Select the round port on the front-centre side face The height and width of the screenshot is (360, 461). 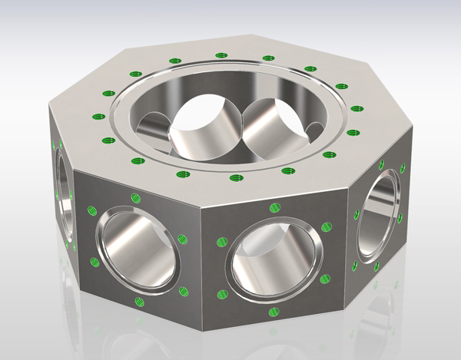[x=274, y=257]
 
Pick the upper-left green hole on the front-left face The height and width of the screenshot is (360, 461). [x=92, y=210]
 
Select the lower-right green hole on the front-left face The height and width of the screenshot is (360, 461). [x=184, y=290]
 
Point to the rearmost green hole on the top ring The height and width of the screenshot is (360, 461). [x=222, y=55]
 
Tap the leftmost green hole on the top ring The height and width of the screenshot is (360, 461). [x=97, y=117]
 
